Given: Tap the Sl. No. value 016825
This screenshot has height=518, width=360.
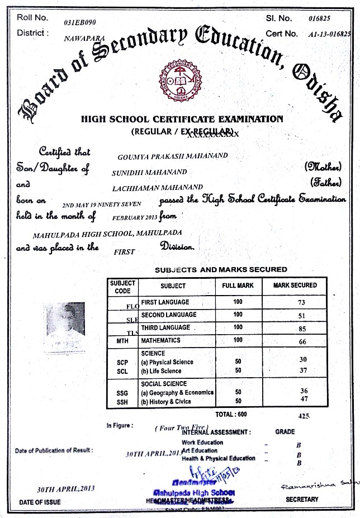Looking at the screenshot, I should point(320,18).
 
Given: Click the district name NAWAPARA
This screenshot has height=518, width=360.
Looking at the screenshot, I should point(82,39).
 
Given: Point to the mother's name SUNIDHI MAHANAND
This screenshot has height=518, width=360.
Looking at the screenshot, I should point(149,172).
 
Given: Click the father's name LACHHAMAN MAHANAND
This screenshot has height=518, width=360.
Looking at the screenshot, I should point(157,187).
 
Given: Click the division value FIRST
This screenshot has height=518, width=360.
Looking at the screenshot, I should point(125,251).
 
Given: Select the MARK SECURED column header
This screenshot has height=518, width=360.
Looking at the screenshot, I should point(295,286).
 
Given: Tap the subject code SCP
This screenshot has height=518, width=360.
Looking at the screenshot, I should point(122,362).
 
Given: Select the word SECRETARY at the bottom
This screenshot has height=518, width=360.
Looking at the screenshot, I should point(302,500).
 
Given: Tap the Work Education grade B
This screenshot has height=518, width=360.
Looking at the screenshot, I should point(299,445).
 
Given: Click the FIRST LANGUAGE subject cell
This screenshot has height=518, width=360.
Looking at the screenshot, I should point(165,302).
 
